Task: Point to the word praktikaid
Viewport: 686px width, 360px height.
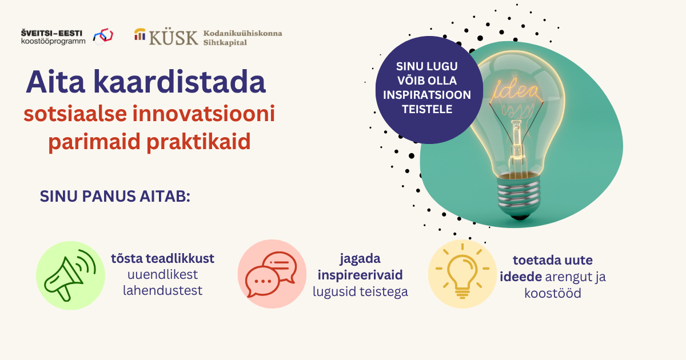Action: [198, 142]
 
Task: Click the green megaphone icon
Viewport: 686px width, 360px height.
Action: [70, 275]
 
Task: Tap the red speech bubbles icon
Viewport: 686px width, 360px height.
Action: [272, 274]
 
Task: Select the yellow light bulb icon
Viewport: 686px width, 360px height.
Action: [462, 271]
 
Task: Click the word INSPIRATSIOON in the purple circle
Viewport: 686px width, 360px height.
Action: [427, 95]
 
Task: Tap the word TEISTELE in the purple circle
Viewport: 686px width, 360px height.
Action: [427, 109]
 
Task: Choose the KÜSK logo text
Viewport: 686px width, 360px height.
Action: [173, 38]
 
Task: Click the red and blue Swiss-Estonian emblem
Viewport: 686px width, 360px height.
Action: [103, 36]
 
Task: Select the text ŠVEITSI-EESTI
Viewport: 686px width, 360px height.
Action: [51, 33]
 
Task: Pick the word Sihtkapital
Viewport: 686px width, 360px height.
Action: [225, 42]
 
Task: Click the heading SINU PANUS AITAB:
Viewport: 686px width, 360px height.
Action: [115, 196]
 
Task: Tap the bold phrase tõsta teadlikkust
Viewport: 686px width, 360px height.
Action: [162, 259]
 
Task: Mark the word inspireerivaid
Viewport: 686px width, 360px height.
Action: [360, 275]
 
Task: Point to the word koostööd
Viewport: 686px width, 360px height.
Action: [553, 293]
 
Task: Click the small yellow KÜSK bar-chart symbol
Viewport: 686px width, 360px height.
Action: [139, 34]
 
